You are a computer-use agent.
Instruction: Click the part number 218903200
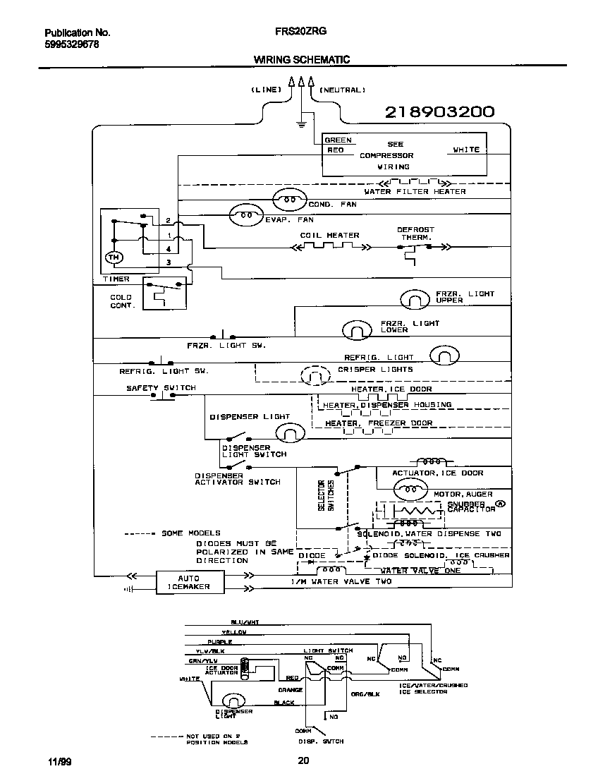(x=439, y=111)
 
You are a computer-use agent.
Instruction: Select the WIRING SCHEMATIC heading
(x=301, y=60)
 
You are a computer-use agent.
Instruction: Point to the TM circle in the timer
(x=113, y=259)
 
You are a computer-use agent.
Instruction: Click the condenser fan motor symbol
(x=288, y=200)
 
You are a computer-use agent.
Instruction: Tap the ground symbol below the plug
(x=301, y=123)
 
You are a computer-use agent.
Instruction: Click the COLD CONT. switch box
(x=165, y=293)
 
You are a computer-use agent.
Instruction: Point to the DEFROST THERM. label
(x=415, y=234)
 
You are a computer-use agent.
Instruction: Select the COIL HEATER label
(x=329, y=235)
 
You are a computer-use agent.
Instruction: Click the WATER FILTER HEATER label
(x=415, y=191)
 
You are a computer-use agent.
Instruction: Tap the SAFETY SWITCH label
(x=161, y=388)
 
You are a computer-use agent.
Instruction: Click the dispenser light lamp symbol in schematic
(x=289, y=432)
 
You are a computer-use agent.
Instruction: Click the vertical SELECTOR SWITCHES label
(x=326, y=495)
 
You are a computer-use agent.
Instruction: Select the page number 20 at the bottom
(x=303, y=760)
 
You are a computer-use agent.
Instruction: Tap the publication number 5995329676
(x=71, y=44)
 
